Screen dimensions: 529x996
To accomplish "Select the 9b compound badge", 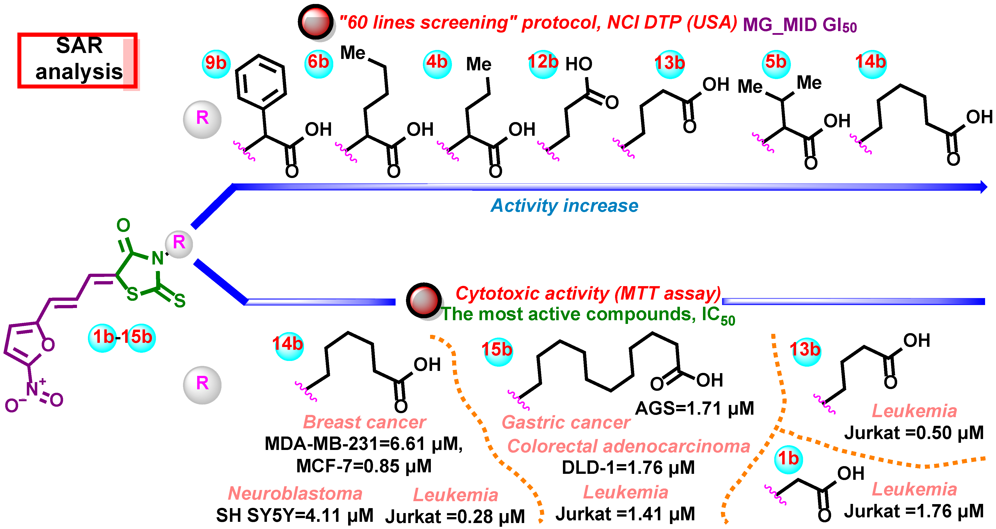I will (216, 63).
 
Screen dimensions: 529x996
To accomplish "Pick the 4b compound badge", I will (437, 63).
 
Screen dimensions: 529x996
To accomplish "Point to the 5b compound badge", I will (775, 63).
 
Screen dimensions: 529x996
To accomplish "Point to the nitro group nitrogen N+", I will (33, 388).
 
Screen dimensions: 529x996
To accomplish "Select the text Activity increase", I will (564, 206).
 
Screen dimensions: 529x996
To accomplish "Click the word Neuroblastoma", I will (295, 493).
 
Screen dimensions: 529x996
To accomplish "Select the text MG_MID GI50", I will (800, 26).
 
